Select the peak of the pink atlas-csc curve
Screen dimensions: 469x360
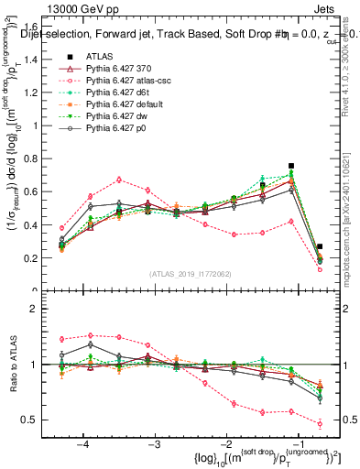[119, 180]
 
